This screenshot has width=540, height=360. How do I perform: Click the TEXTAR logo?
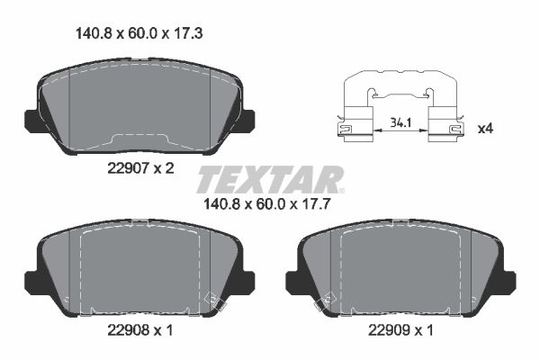[x=270, y=179]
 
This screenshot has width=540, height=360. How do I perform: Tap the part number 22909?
[x=389, y=330]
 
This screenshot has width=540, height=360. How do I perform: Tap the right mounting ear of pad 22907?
[x=246, y=120]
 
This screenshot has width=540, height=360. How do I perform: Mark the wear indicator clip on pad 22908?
[x=213, y=301]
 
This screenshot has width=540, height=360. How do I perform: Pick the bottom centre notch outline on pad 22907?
[x=139, y=139]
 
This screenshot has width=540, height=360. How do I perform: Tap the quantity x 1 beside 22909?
[x=425, y=330]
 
